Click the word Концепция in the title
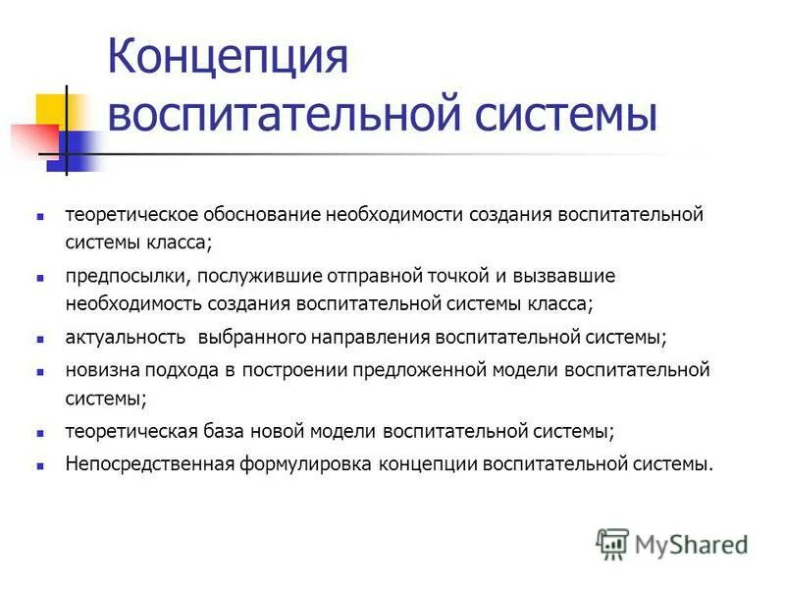(x=228, y=58)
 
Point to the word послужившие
(x=246, y=277)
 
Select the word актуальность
(x=125, y=338)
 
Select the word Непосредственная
(x=149, y=463)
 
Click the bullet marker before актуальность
(x=41, y=339)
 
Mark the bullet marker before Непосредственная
(x=41, y=464)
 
